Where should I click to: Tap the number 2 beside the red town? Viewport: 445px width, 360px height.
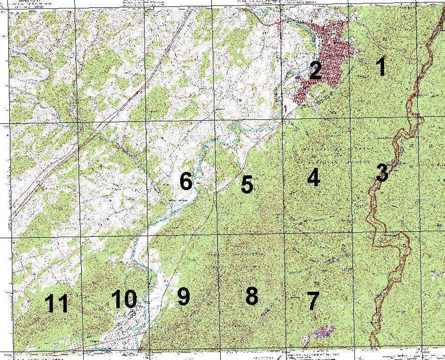(315, 71)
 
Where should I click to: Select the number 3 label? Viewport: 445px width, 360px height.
(382, 173)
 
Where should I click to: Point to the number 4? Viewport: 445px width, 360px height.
(313, 178)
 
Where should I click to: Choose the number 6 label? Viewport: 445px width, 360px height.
(186, 181)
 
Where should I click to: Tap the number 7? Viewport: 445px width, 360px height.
(313, 301)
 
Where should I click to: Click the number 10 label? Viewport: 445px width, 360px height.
(124, 299)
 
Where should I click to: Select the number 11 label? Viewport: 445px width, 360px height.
(57, 303)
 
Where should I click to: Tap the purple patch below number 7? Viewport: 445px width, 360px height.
(324, 331)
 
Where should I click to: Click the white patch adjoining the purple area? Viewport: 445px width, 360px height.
(307, 339)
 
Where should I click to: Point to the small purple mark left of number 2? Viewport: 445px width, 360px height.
(297, 77)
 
